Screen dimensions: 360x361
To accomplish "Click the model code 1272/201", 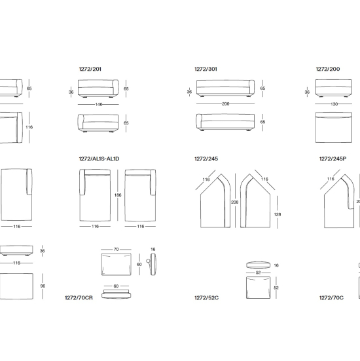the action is coord(90,69).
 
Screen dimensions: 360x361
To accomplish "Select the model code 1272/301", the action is coord(206,69).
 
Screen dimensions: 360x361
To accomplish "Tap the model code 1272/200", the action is coord(328,69).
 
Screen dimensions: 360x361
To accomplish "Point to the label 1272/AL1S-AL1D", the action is coord(99,159).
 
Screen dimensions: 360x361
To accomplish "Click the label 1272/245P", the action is coord(333,159).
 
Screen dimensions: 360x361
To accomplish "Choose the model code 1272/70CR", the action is coord(79,298).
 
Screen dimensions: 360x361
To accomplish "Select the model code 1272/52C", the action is coord(207,298).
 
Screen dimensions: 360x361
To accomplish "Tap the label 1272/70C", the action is coord(331,298).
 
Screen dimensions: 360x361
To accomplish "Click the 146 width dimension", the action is coord(99,105).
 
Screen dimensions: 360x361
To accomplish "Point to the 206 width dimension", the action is coord(226,104).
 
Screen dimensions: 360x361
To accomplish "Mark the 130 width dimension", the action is coord(334,104).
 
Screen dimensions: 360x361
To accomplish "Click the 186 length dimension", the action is coord(118,195).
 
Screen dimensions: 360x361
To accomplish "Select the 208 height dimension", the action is coord(235,202).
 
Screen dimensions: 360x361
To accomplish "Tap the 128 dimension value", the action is coord(278,215).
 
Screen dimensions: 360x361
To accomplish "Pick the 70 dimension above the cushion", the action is coord(116,250).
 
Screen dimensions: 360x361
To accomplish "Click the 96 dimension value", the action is coord(43,286).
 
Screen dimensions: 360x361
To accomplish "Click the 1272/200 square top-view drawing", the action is coord(334,128).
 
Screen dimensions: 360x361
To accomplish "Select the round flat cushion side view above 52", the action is coord(259,265).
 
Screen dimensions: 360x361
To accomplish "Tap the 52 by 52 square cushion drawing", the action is coord(259,288).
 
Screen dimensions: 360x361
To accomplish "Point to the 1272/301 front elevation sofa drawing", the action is coord(225,88).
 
